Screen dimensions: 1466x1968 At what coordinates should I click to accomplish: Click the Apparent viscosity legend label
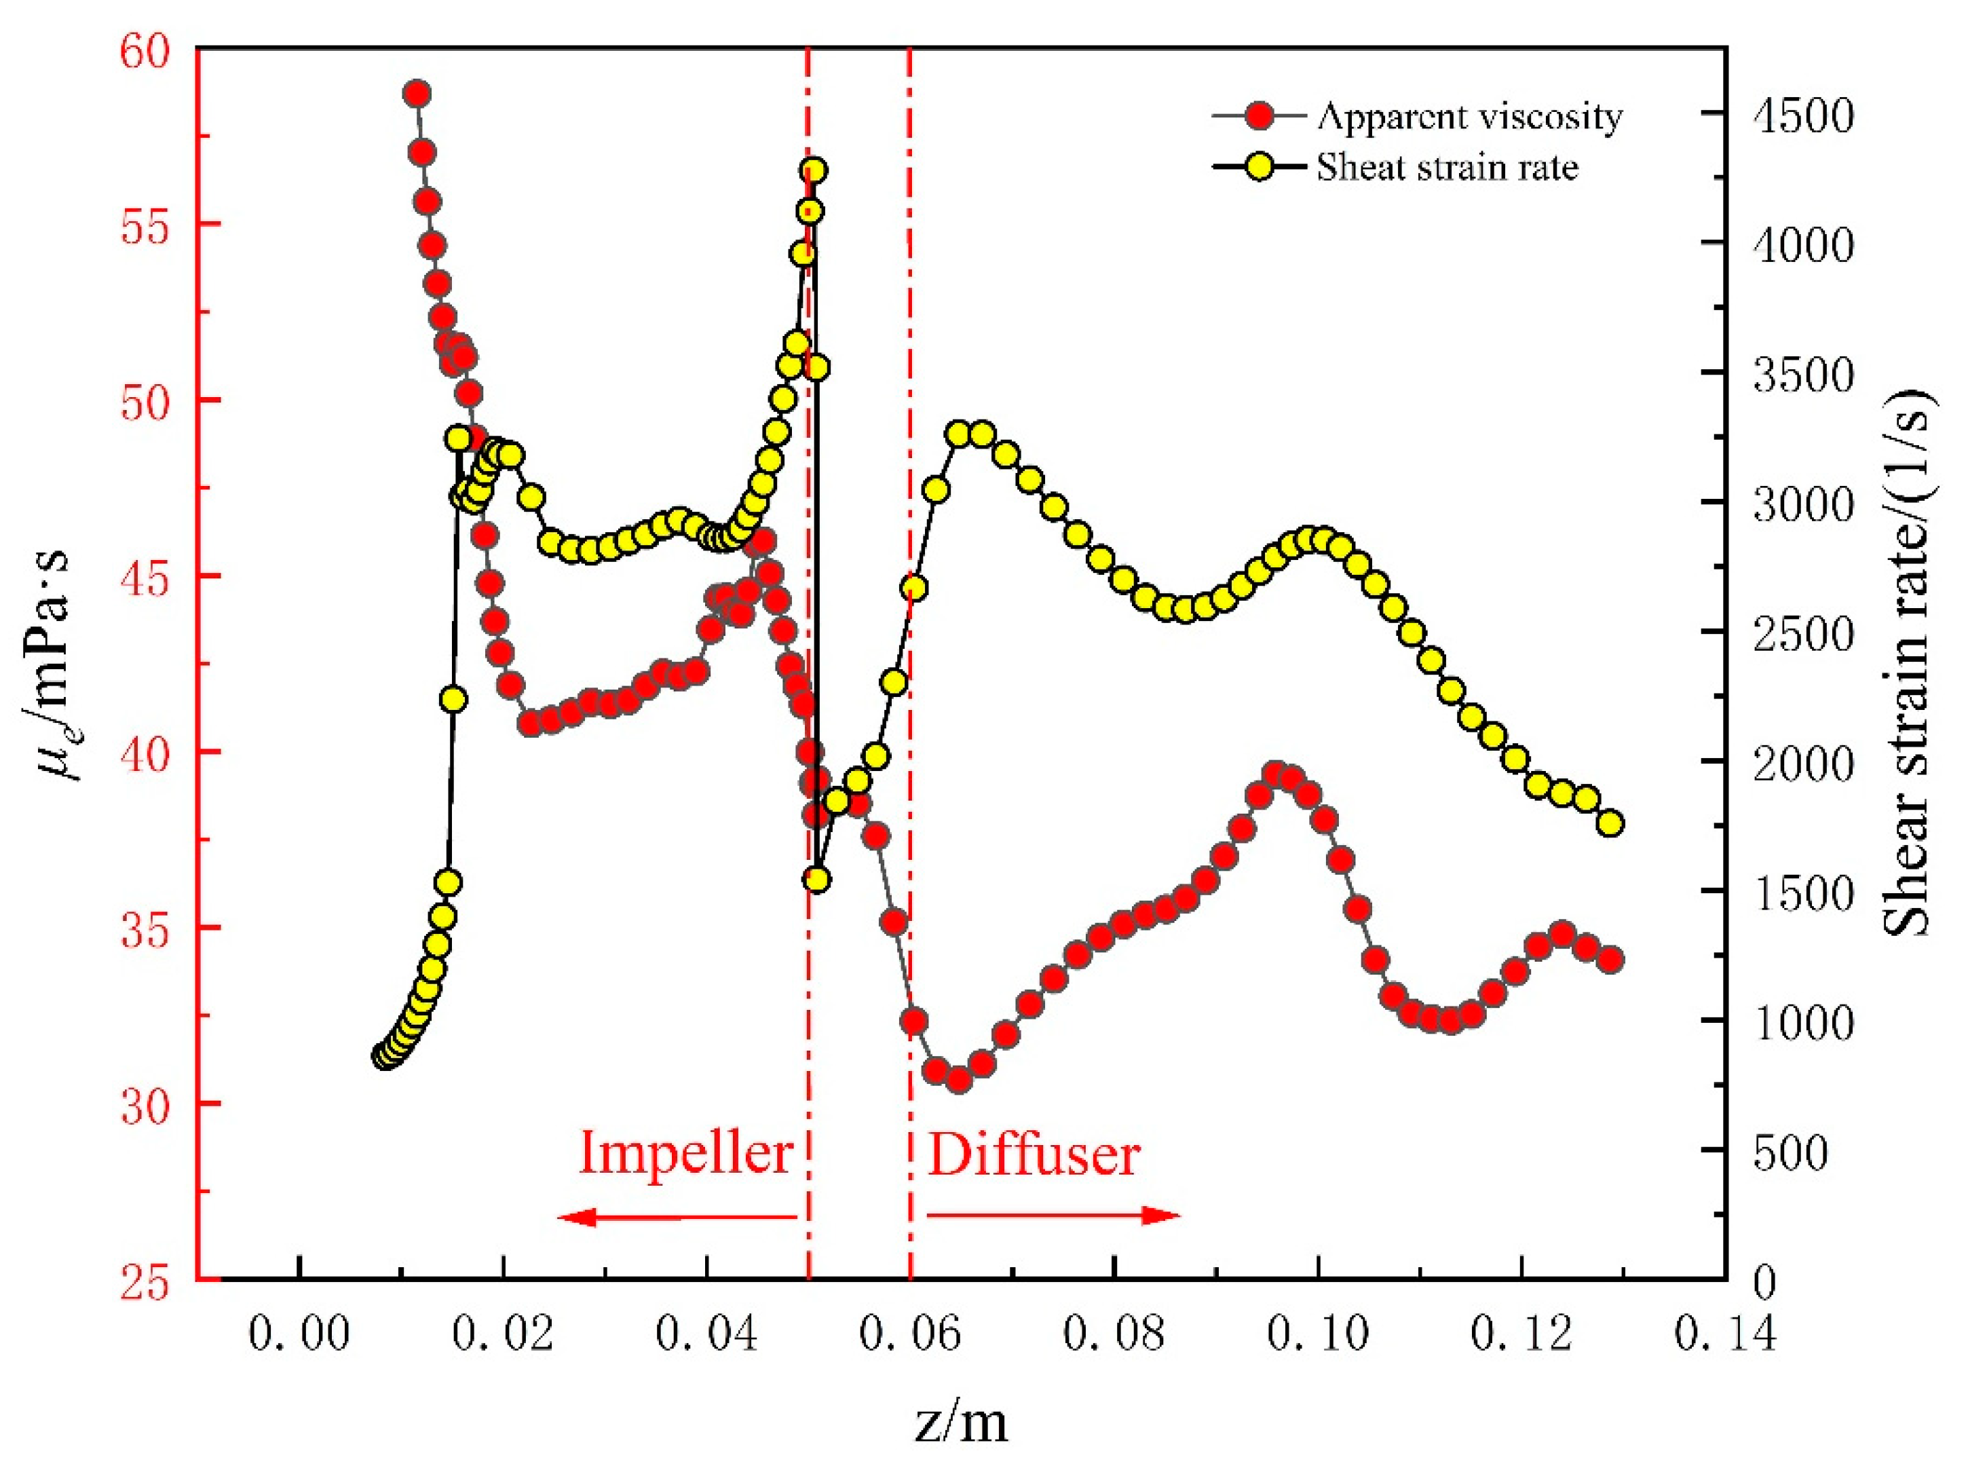tap(1469, 116)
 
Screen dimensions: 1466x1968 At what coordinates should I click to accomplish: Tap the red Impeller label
tap(685, 1154)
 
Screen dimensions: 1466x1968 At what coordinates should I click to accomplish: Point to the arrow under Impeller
tap(679, 1216)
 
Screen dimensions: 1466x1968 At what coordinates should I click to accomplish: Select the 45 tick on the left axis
tap(144, 577)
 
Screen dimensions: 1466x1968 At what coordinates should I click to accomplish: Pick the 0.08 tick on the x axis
tap(1114, 1334)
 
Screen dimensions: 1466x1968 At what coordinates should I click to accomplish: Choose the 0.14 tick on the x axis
tap(1725, 1334)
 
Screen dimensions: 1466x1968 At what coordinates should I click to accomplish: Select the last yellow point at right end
tap(1610, 823)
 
